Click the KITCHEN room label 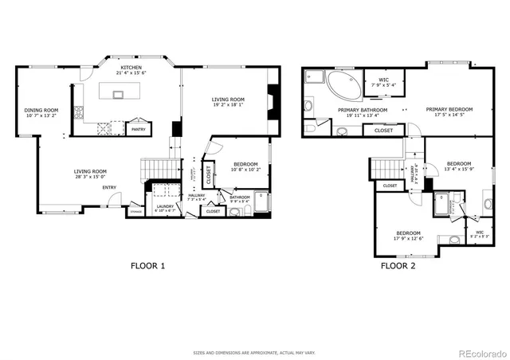(131, 68)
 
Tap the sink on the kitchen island (118, 94)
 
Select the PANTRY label (138, 128)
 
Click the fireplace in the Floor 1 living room (273, 101)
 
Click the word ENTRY (109, 188)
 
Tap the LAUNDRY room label (165, 206)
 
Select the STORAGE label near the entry (136, 212)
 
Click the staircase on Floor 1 (156, 169)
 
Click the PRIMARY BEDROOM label (449, 109)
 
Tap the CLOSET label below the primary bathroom (383, 130)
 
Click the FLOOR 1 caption (147, 265)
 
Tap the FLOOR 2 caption (398, 265)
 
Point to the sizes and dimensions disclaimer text (254, 351)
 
